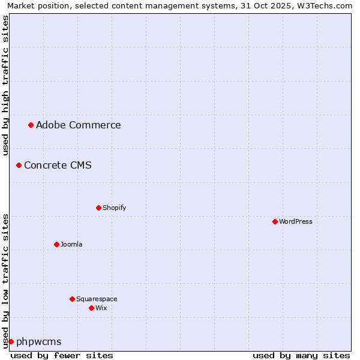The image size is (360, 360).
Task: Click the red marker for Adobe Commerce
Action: pyautogui.click(x=31, y=125)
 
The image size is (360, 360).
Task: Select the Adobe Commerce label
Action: pyautogui.click(x=78, y=125)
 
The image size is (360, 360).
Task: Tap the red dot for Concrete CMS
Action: pyautogui.click(x=19, y=165)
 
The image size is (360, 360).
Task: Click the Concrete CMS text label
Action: pyautogui.click(x=58, y=166)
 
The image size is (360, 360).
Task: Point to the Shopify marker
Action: pyautogui.click(x=98, y=208)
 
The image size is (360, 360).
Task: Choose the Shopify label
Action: pyautogui.click(x=114, y=208)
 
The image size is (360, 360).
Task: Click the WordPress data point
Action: pyautogui.click(x=275, y=221)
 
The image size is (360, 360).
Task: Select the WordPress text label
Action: pyautogui.click(x=295, y=222)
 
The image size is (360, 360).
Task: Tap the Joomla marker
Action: pyautogui.click(x=56, y=244)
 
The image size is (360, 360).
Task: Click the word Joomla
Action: pyautogui.click(x=71, y=245)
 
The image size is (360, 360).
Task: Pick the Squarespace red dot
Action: pyautogui.click(x=72, y=299)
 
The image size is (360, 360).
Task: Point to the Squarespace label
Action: pyautogui.click(x=97, y=299)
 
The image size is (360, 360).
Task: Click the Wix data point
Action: pyautogui.click(x=91, y=308)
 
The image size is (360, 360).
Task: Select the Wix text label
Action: pyautogui.click(x=101, y=308)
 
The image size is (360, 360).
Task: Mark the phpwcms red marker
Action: pyautogui.click(x=11, y=341)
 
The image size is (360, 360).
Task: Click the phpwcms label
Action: pyautogui.click(x=38, y=342)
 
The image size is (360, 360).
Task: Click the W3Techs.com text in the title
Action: pyautogui.click(x=326, y=5)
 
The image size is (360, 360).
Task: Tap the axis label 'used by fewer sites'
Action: pyautogui.click(x=62, y=355)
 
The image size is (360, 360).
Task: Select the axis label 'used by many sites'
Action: pyautogui.click(x=301, y=355)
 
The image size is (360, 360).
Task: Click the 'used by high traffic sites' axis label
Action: pyautogui.click(x=5, y=85)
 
